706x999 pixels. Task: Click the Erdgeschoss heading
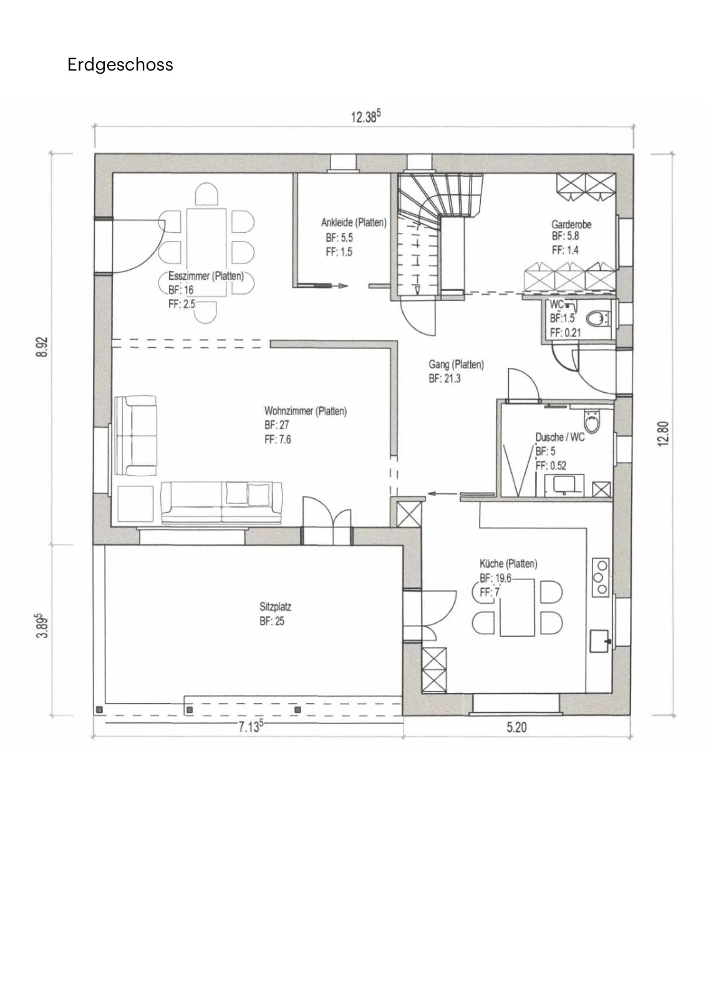click(x=120, y=65)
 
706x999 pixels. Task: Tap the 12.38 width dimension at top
click(x=365, y=116)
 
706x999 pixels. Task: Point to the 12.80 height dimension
click(x=663, y=433)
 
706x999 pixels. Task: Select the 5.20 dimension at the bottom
click(x=516, y=727)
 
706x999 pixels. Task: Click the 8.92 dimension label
click(x=41, y=347)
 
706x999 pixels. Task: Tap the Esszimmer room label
click(x=189, y=276)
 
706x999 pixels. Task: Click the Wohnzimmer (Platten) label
click(x=306, y=411)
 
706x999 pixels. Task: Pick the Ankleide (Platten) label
click(x=354, y=222)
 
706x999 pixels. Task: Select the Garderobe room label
click(x=571, y=224)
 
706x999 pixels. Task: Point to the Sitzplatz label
click(x=275, y=606)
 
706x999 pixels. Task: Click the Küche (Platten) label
click(x=508, y=564)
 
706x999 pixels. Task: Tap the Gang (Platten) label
click(x=456, y=365)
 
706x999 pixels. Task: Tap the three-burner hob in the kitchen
click(x=601, y=578)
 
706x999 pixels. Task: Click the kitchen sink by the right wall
click(x=599, y=641)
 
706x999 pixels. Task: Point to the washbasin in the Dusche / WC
click(x=564, y=485)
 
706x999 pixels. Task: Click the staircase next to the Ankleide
click(x=428, y=234)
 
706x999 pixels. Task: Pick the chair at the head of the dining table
click(x=206, y=194)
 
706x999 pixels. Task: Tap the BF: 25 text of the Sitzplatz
click(x=272, y=621)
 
